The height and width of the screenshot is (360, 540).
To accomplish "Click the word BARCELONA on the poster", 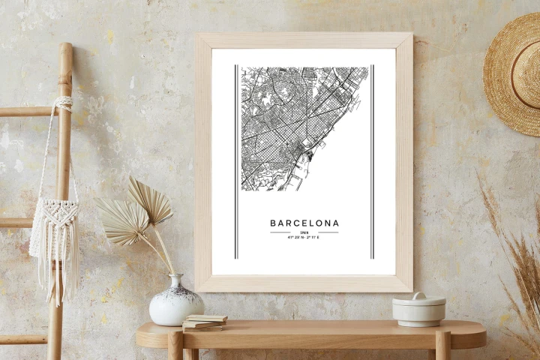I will [304, 223].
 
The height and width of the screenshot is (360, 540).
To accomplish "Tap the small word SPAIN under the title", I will [304, 233].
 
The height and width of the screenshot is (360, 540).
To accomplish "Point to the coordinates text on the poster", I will [304, 238].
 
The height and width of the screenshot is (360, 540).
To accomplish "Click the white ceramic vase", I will [176, 301].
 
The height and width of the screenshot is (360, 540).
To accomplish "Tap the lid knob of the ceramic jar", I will [418, 296].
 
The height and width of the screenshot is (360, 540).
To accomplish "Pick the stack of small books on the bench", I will [204, 322].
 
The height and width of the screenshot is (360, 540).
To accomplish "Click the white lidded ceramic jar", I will [418, 309].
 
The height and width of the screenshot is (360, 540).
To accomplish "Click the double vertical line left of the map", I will [236, 161].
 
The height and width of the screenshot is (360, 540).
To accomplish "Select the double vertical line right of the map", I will [372, 161].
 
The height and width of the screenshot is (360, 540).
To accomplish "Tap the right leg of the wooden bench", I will [442, 347].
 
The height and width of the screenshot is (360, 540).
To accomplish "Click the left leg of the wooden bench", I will [175, 346].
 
